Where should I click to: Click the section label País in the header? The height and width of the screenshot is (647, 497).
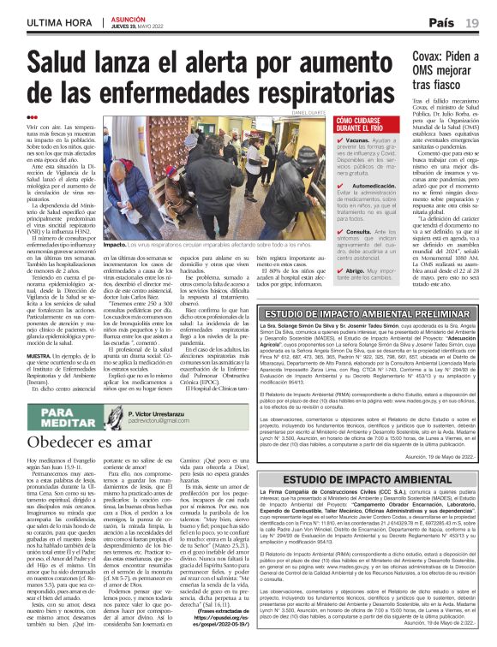tap(442, 21)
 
